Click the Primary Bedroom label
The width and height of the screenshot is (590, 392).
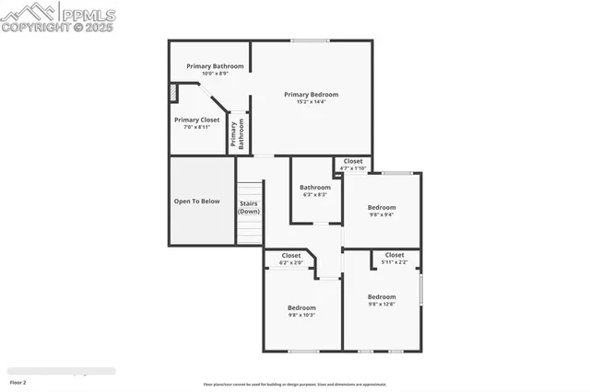pos(311,94)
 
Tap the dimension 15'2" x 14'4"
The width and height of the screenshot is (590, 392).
pos(311,102)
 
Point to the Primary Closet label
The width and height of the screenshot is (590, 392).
pos(196,120)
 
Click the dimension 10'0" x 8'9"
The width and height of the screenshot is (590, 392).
pos(215,74)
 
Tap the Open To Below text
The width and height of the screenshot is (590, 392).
pos(196,201)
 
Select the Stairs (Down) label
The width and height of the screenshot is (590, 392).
pos(249,207)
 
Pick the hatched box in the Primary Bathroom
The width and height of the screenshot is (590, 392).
pos(172,93)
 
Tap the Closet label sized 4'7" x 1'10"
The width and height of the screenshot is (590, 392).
pos(353,161)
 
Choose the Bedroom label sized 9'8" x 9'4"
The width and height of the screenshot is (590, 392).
pos(382,207)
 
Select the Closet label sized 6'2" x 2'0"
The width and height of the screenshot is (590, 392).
pos(291,255)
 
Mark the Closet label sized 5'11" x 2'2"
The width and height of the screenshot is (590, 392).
pos(395,255)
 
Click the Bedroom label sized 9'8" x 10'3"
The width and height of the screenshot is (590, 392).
pos(301,307)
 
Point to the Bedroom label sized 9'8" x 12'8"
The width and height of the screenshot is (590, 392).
pos(382,296)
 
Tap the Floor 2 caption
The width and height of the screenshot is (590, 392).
pos(18,381)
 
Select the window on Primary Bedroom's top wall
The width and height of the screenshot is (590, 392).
pos(311,40)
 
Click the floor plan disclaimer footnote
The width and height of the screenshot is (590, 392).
pos(295,385)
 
